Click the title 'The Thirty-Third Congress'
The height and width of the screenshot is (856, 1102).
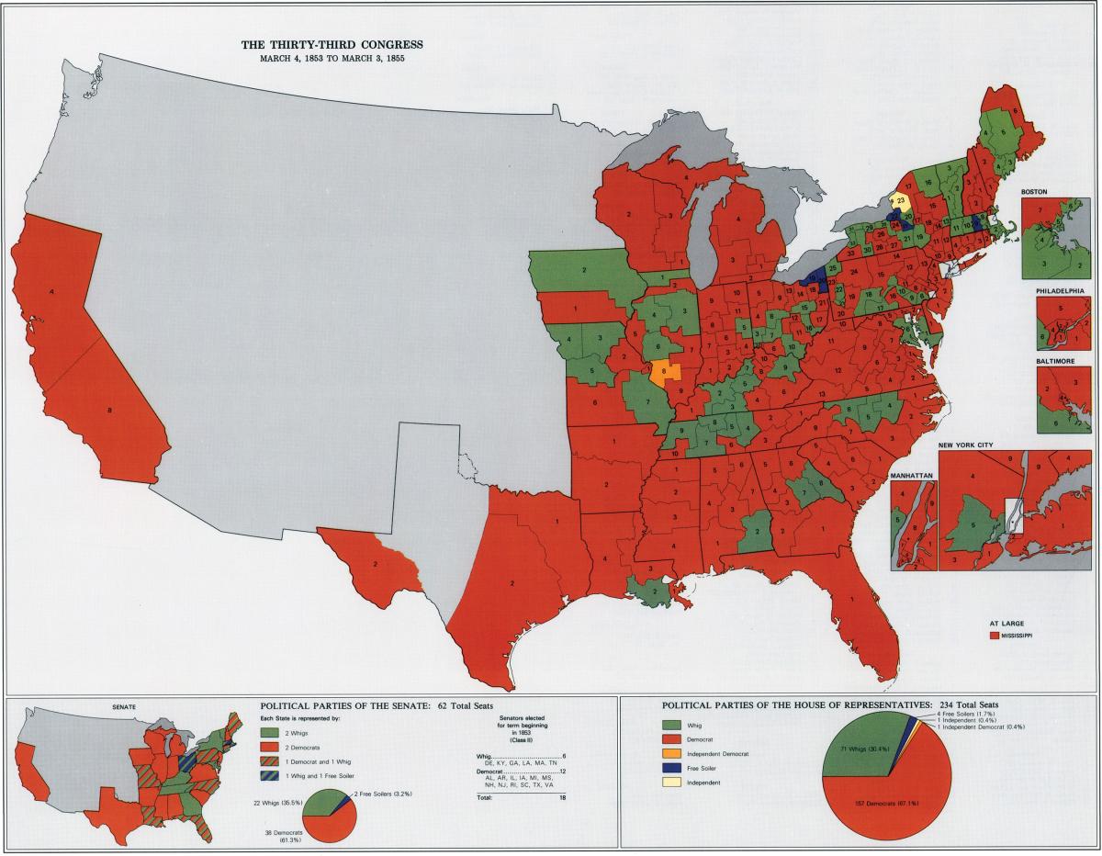coord(332,44)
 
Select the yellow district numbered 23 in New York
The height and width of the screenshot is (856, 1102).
coord(901,200)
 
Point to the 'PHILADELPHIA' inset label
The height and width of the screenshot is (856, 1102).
coord(1060,290)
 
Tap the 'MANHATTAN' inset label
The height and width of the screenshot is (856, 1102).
coord(911,476)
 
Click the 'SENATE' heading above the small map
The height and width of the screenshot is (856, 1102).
coord(124,706)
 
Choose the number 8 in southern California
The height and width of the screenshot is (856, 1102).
coord(110,410)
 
